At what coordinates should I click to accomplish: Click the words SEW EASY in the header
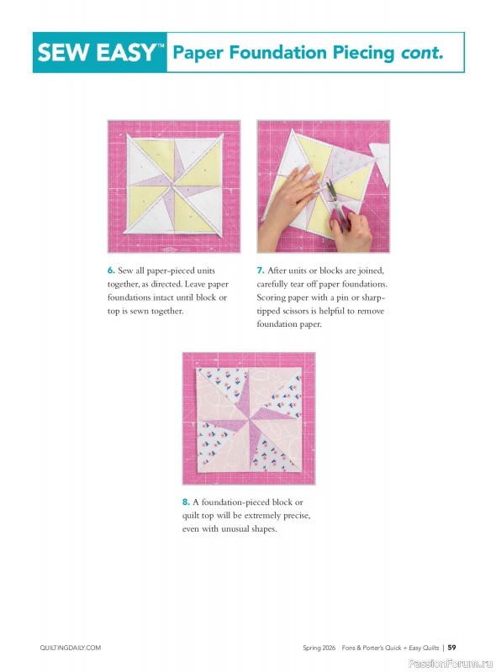(95, 53)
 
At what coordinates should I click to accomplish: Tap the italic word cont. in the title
(420, 53)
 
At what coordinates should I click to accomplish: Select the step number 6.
(110, 271)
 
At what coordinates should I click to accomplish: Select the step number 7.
(260, 271)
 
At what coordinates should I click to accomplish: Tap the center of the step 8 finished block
(248, 417)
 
